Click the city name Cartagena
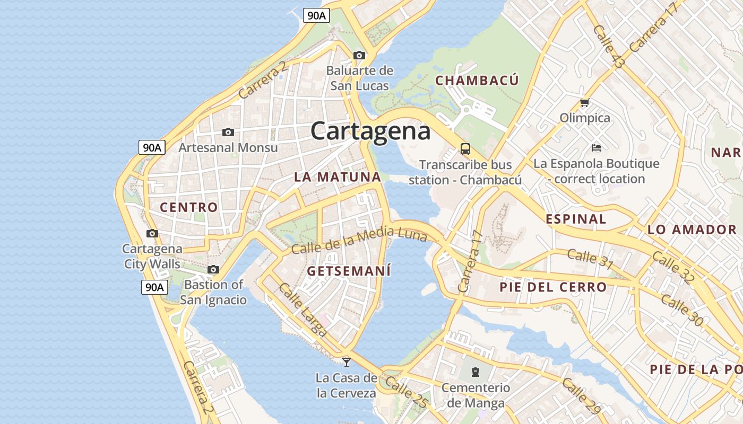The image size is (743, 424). (370, 131)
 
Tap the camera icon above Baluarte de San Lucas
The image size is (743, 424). (359, 55)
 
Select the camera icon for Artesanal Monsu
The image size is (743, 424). (228, 132)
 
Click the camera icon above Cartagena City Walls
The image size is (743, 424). (152, 233)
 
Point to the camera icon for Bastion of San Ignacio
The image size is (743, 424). (213, 270)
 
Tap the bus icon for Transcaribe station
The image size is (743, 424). (465, 149)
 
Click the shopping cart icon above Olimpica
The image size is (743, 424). (584, 102)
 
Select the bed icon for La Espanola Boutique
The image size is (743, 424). (597, 147)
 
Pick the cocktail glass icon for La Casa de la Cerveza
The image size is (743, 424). (347, 363)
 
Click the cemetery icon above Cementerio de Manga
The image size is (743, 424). (476, 372)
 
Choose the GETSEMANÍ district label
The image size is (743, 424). (349, 271)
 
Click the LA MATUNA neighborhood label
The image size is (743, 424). (338, 177)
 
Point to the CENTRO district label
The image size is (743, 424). (189, 207)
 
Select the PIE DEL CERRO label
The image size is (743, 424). (553, 287)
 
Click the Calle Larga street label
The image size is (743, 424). (303, 310)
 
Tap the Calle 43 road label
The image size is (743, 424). (609, 47)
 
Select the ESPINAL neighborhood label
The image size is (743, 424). (576, 219)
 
